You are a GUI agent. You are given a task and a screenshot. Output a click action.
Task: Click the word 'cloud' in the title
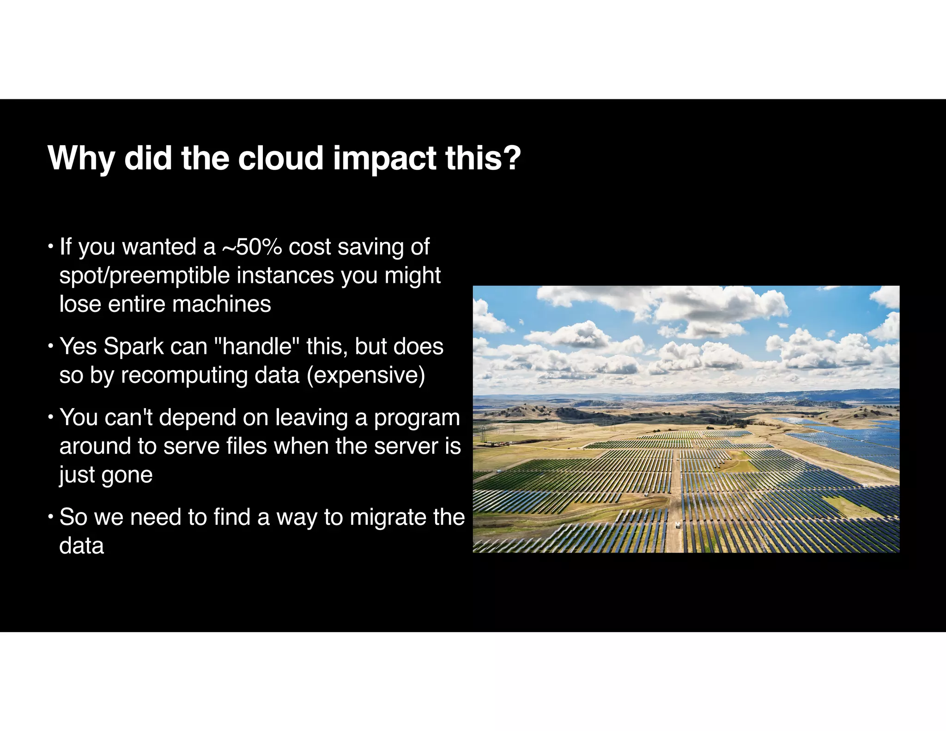coord(280,158)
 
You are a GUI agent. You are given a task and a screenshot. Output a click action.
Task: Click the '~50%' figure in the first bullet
coord(252,247)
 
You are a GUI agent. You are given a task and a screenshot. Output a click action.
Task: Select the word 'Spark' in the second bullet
coord(133,346)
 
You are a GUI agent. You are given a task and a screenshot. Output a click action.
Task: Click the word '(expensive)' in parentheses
coord(366,375)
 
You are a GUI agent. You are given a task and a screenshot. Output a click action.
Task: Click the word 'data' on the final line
coord(82,546)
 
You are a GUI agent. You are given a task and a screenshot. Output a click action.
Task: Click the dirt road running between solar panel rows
coord(675,490)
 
